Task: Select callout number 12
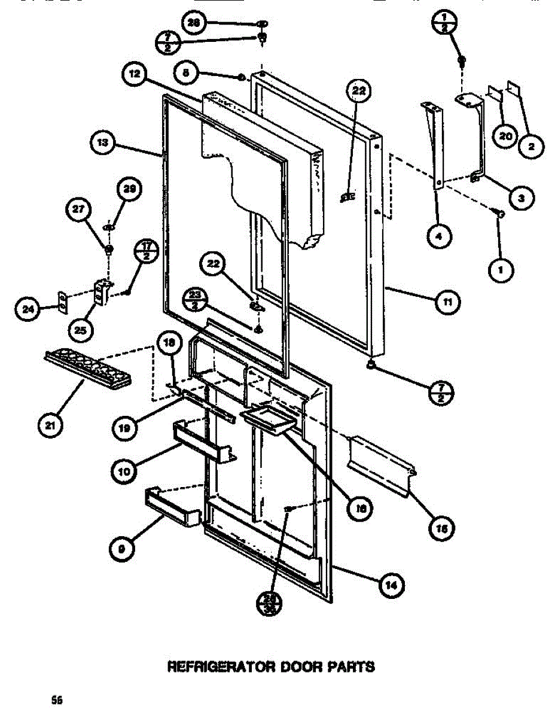point(135,74)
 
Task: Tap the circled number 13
point(102,144)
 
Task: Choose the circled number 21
point(48,426)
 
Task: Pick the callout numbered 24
point(27,309)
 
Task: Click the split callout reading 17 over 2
point(145,250)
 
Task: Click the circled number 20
point(504,136)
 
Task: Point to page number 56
point(57,699)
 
